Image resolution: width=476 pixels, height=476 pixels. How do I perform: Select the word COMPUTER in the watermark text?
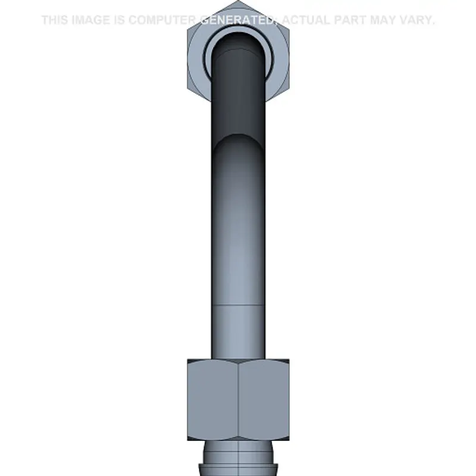coord(162,20)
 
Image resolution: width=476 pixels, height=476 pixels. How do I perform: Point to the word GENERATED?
coord(237,20)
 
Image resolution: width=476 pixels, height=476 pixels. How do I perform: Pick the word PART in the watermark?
coord(350,20)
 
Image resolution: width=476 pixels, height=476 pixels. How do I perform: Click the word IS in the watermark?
coord(120,20)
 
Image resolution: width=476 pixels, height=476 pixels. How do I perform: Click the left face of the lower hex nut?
coord(212,399)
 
